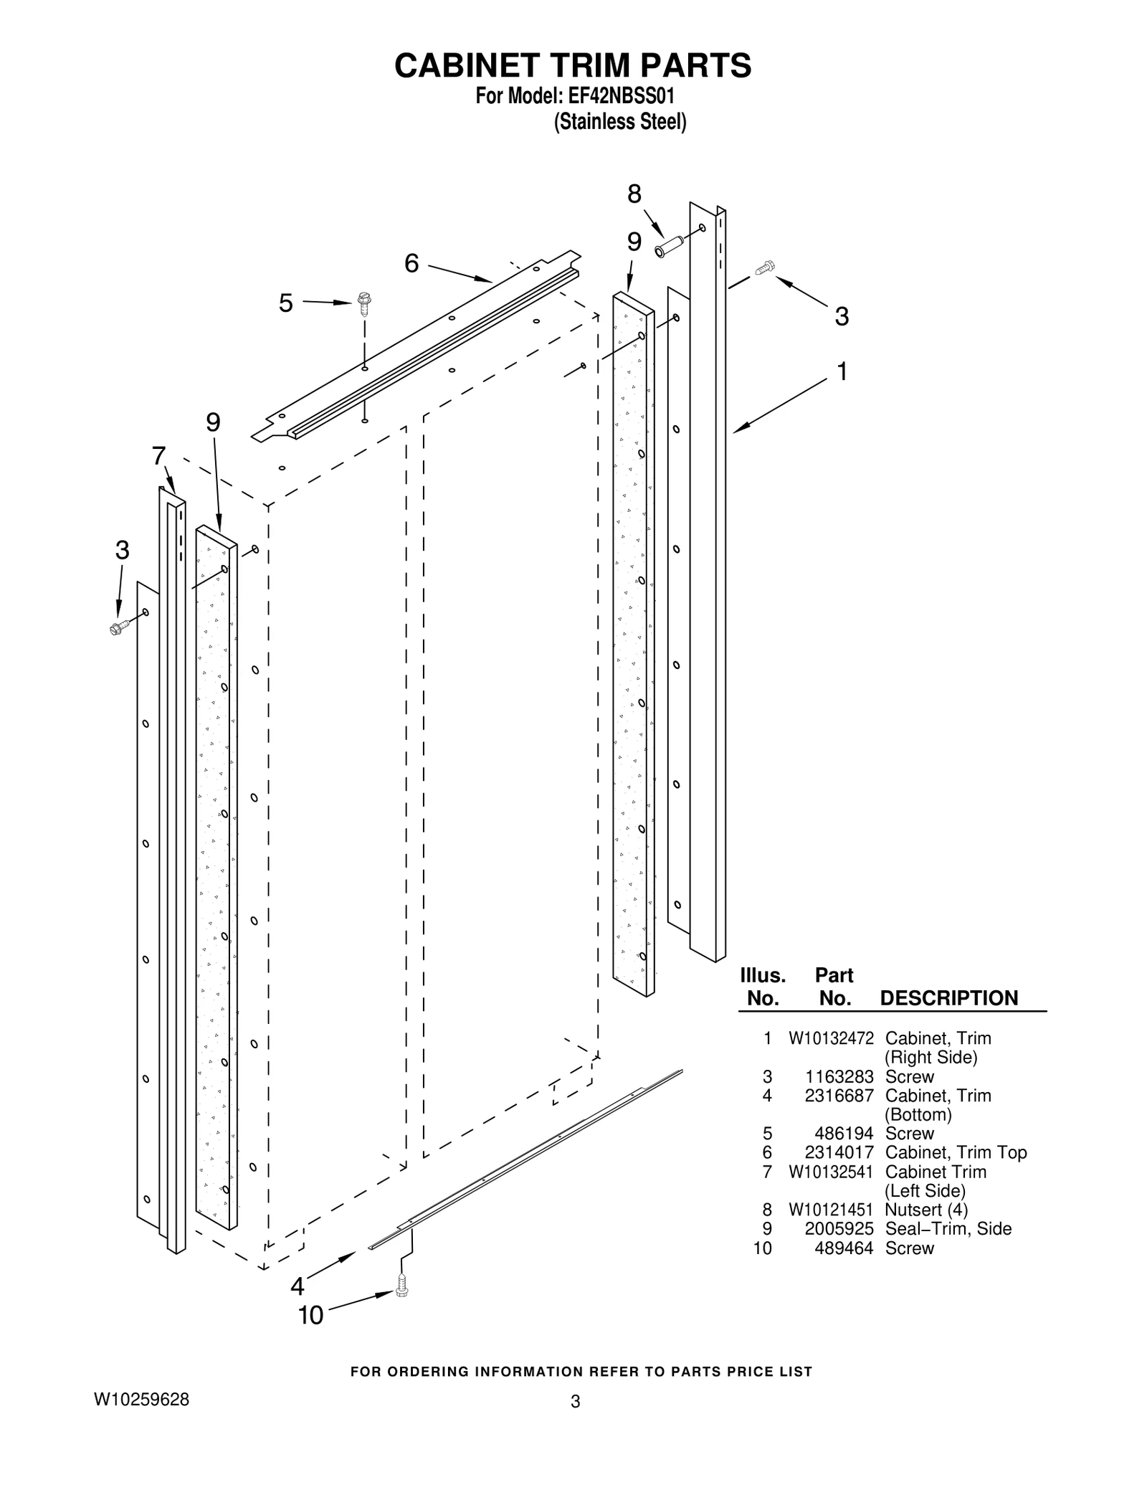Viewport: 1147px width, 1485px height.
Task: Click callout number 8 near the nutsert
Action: coord(634,194)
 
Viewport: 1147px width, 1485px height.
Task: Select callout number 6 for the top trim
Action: coord(411,264)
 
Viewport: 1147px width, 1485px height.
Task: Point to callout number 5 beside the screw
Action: coord(286,303)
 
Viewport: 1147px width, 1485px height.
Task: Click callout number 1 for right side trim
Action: coord(842,371)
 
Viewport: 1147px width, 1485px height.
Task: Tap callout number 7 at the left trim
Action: coord(159,455)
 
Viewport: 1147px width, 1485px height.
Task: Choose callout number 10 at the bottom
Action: coord(311,1315)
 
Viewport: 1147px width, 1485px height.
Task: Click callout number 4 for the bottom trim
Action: coord(298,1286)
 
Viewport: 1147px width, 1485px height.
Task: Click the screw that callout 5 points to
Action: coord(364,303)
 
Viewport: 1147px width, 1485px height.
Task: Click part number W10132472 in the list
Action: coord(831,1038)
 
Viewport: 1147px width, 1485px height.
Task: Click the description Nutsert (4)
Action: coord(926,1210)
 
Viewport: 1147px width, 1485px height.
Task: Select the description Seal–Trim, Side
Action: coord(948,1229)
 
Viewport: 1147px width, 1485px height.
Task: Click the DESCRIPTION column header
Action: coord(948,998)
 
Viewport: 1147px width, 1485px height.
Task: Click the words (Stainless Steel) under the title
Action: coord(620,123)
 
